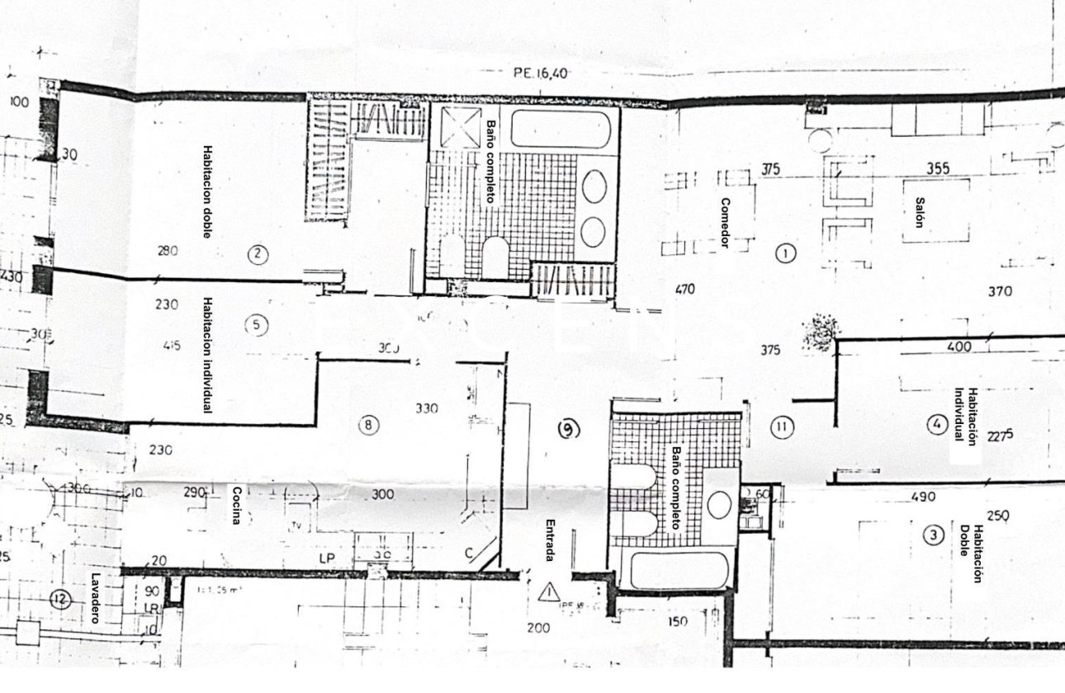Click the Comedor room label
click(x=725, y=223)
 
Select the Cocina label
click(x=236, y=505)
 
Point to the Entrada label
click(x=550, y=540)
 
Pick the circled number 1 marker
click(x=786, y=253)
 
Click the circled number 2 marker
click(x=258, y=254)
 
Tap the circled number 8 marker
click(x=369, y=426)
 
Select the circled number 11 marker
click(x=782, y=427)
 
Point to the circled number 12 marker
click(x=57, y=601)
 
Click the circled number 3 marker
click(x=933, y=535)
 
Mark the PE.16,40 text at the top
click(x=541, y=73)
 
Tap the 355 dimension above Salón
click(x=937, y=169)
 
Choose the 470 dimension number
click(x=684, y=290)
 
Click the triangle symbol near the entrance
click(x=548, y=592)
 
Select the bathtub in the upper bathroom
click(x=561, y=129)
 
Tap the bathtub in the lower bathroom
click(x=675, y=570)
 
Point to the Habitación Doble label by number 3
click(x=972, y=554)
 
